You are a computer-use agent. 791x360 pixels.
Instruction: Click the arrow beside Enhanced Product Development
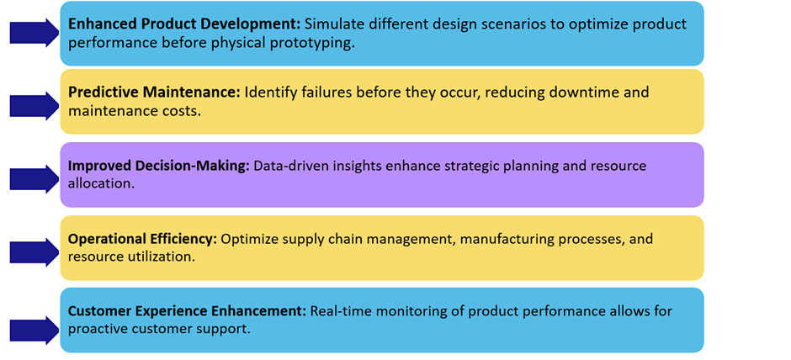pyautogui.click(x=35, y=33)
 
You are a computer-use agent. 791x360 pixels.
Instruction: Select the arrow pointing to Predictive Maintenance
pyautogui.click(x=35, y=106)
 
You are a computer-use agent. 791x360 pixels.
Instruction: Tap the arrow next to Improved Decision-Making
pyautogui.click(x=35, y=179)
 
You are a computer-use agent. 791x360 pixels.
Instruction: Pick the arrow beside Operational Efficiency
pyautogui.click(x=35, y=252)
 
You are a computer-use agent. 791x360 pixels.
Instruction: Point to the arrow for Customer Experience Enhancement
pyautogui.click(x=35, y=331)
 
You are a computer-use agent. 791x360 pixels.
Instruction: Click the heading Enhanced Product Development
pyautogui.click(x=184, y=24)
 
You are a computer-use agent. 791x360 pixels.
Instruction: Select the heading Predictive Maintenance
pyautogui.click(x=154, y=93)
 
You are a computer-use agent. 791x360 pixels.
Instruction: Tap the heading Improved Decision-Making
pyautogui.click(x=159, y=167)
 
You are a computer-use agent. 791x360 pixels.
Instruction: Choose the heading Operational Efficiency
pyautogui.click(x=143, y=239)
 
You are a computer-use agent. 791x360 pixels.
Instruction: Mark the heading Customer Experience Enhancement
pyautogui.click(x=187, y=311)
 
